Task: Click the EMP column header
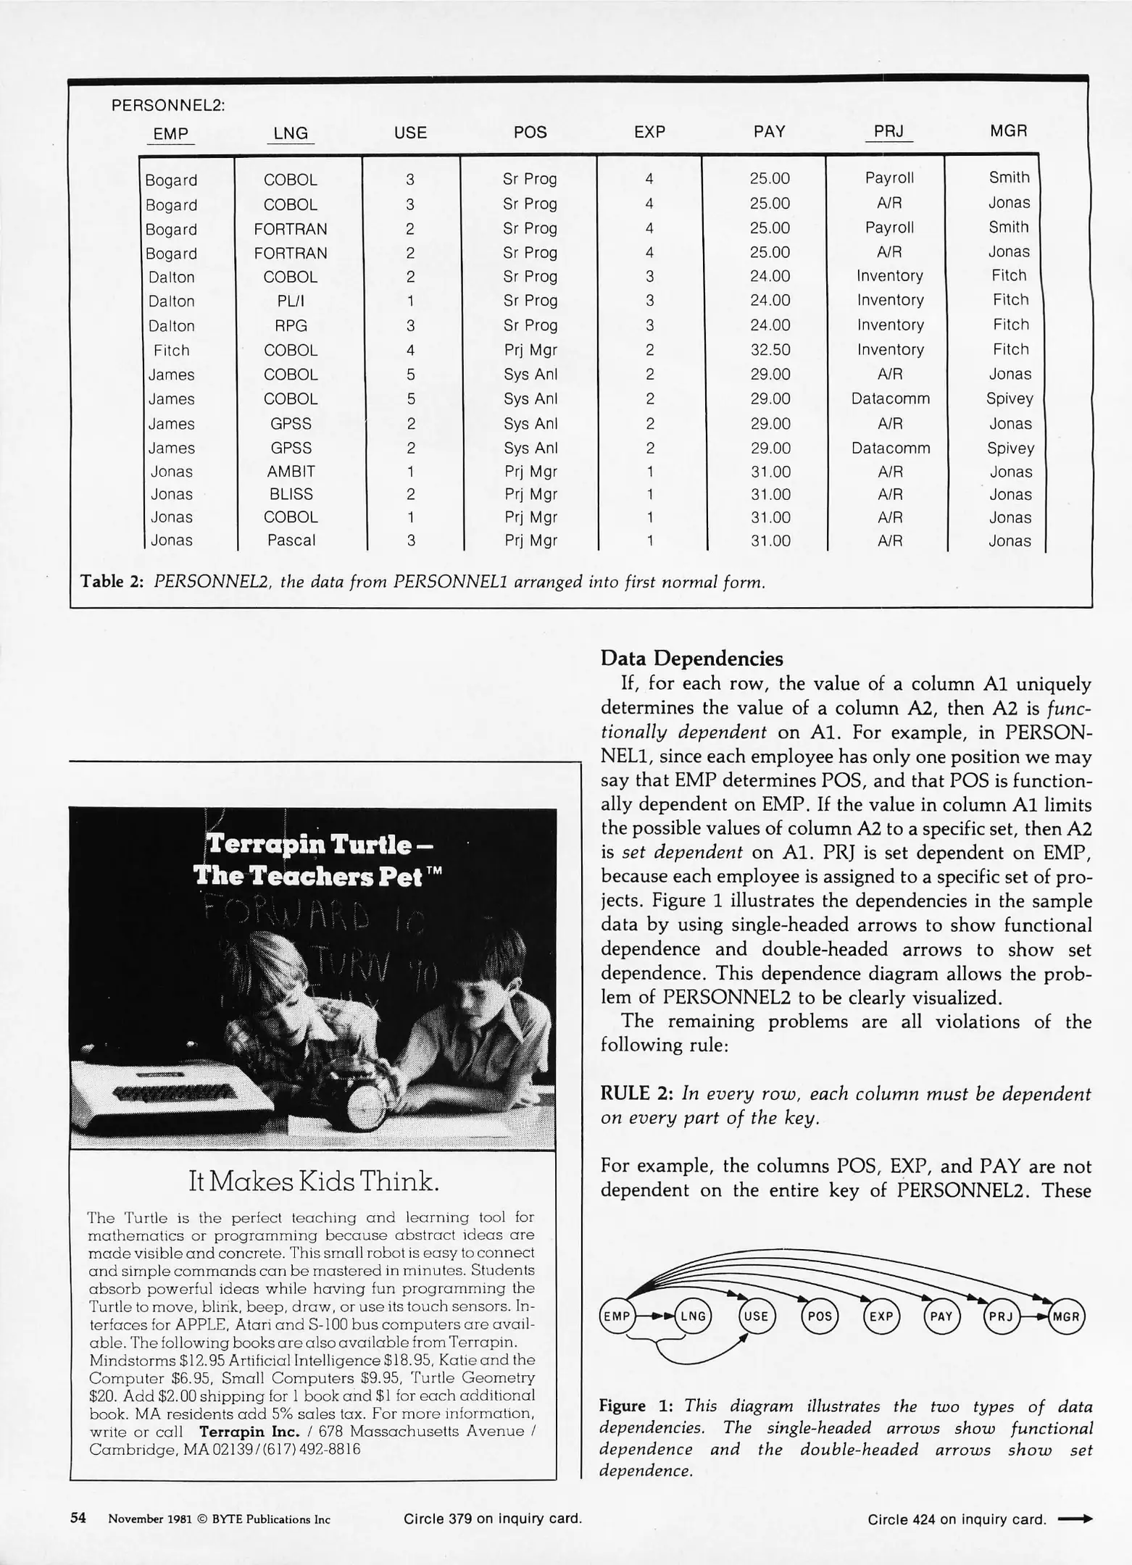pyautogui.click(x=170, y=133)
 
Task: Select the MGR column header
pyautogui.click(x=1008, y=131)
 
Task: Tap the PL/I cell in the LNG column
pyautogui.click(x=290, y=301)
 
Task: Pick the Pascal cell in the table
pyautogui.click(x=291, y=541)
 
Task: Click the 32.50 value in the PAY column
pyautogui.click(x=770, y=350)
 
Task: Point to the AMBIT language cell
pyautogui.click(x=291, y=472)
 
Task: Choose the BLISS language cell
pyautogui.click(x=291, y=494)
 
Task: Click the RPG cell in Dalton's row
pyautogui.click(x=291, y=325)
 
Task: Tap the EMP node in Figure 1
pyautogui.click(x=617, y=1316)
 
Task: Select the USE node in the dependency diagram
pyautogui.click(x=756, y=1316)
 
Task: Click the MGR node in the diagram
pyautogui.click(x=1066, y=1316)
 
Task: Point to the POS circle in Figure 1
pyautogui.click(x=819, y=1316)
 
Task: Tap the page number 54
pyautogui.click(x=78, y=1519)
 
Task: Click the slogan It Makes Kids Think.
pyautogui.click(x=313, y=1182)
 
